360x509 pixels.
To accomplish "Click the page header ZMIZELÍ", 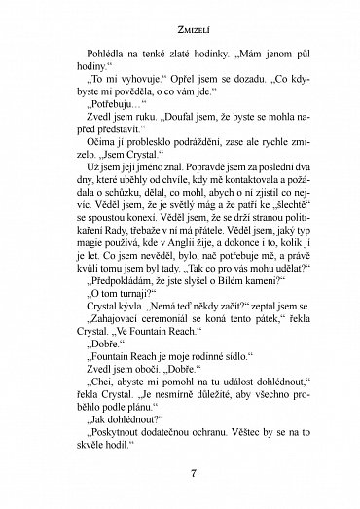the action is pyautogui.click(x=180, y=18).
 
